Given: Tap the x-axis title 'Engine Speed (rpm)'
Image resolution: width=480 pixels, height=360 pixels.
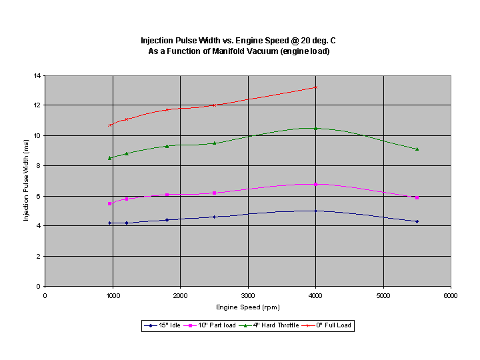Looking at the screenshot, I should [248, 307].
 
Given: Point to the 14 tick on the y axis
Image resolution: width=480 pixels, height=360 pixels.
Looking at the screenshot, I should [38, 75].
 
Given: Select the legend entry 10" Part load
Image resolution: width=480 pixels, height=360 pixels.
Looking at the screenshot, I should [211, 325].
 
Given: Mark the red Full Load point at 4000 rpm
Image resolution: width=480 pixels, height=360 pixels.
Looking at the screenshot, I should [315, 87].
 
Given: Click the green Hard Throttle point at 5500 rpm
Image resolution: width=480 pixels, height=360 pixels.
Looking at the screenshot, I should [417, 149].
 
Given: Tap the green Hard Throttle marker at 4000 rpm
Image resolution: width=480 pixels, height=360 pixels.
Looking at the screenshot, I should [315, 128].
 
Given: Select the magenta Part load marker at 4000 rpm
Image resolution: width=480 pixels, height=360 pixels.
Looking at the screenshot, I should [315, 184].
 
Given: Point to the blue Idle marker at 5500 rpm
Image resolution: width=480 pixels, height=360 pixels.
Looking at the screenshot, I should [417, 221].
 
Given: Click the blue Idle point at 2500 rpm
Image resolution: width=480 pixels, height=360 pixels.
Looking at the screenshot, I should [214, 217].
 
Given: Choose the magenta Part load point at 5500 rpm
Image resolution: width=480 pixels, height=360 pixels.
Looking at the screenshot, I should [417, 197].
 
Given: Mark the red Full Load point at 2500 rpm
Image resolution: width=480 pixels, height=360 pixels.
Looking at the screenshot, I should [214, 105].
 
